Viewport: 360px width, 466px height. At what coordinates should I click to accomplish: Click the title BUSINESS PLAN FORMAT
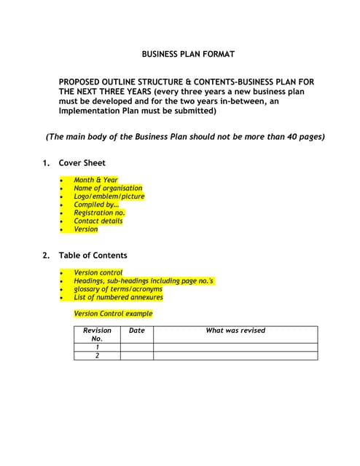tap(188, 54)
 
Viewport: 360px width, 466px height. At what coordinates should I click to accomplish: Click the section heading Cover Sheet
tap(82, 163)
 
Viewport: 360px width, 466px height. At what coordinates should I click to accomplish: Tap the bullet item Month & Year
tap(95, 180)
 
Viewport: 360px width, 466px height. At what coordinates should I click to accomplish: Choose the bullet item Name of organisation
tap(108, 188)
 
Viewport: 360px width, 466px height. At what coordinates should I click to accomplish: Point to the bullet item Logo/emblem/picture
tap(109, 196)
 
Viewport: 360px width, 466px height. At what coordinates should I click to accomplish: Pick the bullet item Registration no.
tap(99, 213)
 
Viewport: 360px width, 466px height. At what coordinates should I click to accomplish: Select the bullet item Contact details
tap(98, 221)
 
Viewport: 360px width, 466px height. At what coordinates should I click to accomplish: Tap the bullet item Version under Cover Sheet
tap(85, 229)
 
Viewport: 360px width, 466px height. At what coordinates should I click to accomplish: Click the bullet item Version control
tap(98, 272)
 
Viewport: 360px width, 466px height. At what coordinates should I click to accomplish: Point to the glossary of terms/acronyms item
tap(117, 289)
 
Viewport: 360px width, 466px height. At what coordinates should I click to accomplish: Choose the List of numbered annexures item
tap(118, 297)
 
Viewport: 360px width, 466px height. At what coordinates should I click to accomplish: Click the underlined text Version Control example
tap(113, 314)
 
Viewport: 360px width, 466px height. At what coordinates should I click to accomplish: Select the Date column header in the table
tap(136, 331)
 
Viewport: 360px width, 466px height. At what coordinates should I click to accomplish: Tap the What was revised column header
tap(235, 331)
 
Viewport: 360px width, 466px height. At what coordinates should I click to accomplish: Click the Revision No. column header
tap(97, 334)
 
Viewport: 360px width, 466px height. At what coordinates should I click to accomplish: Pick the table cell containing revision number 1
tap(97, 347)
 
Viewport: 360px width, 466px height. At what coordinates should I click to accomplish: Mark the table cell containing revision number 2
tap(97, 355)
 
